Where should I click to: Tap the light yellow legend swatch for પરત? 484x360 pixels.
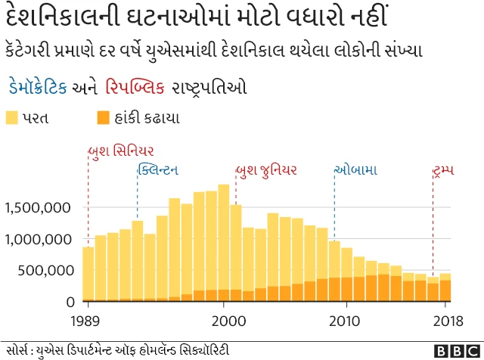(12, 117)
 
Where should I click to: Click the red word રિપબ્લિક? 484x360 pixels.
(135, 87)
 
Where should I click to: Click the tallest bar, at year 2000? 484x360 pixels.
(224, 242)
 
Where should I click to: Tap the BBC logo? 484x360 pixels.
(456, 350)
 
